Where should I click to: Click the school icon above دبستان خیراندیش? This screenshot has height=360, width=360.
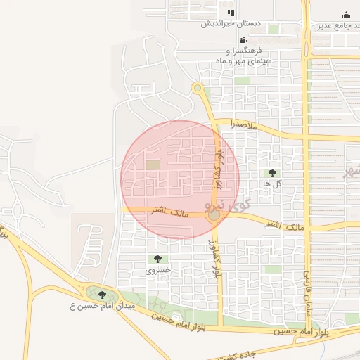(x=231, y=13)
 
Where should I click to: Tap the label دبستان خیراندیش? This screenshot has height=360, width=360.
(x=231, y=24)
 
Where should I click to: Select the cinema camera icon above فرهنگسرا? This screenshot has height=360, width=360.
(x=243, y=40)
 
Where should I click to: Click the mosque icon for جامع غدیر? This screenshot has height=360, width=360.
(x=346, y=15)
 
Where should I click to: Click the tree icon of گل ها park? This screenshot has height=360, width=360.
(x=271, y=172)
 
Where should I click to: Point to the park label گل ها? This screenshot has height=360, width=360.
(x=271, y=184)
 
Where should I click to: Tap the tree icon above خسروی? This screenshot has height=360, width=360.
(x=157, y=259)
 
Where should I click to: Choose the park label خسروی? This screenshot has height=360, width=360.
(x=157, y=269)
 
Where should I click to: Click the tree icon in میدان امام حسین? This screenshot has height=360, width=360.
(x=103, y=295)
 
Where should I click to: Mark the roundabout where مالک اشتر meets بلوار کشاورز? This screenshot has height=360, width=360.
(x=214, y=217)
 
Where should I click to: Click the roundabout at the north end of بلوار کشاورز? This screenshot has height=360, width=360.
(x=197, y=88)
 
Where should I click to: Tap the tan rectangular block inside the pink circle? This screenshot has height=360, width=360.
(x=153, y=165)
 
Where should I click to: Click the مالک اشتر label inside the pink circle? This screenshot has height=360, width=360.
(x=165, y=210)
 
